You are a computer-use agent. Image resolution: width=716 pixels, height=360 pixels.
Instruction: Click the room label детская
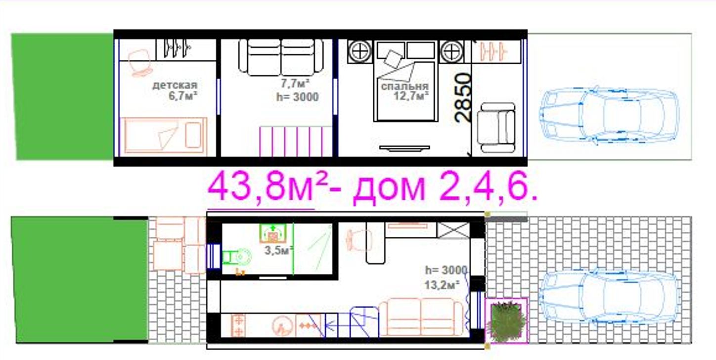pyautogui.click(x=175, y=86)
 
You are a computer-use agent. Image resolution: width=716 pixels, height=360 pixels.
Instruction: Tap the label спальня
pyautogui.click(x=404, y=86)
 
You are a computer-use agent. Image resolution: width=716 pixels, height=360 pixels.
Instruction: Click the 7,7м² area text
pyautogui.click(x=295, y=84)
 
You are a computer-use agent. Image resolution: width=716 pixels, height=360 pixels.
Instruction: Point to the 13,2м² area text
pyautogui.click(x=442, y=284)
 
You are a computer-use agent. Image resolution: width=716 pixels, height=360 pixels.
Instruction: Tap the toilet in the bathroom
pyautogui.click(x=237, y=257)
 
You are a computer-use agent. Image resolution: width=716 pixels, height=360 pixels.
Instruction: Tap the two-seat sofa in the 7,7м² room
pyautogui.click(x=281, y=57)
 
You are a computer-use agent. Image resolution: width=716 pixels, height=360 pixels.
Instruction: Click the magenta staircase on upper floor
pyautogui.click(x=295, y=141)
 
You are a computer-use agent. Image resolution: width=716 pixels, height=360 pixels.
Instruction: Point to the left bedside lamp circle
pyautogui.click(x=359, y=51)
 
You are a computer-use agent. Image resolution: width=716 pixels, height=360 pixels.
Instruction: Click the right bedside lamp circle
pyautogui.click(x=451, y=51)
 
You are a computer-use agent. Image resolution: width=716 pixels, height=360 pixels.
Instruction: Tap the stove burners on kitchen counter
pyautogui.click(x=238, y=325)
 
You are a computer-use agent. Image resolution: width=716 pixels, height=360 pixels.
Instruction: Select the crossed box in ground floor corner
pyautogui.click(x=453, y=230)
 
